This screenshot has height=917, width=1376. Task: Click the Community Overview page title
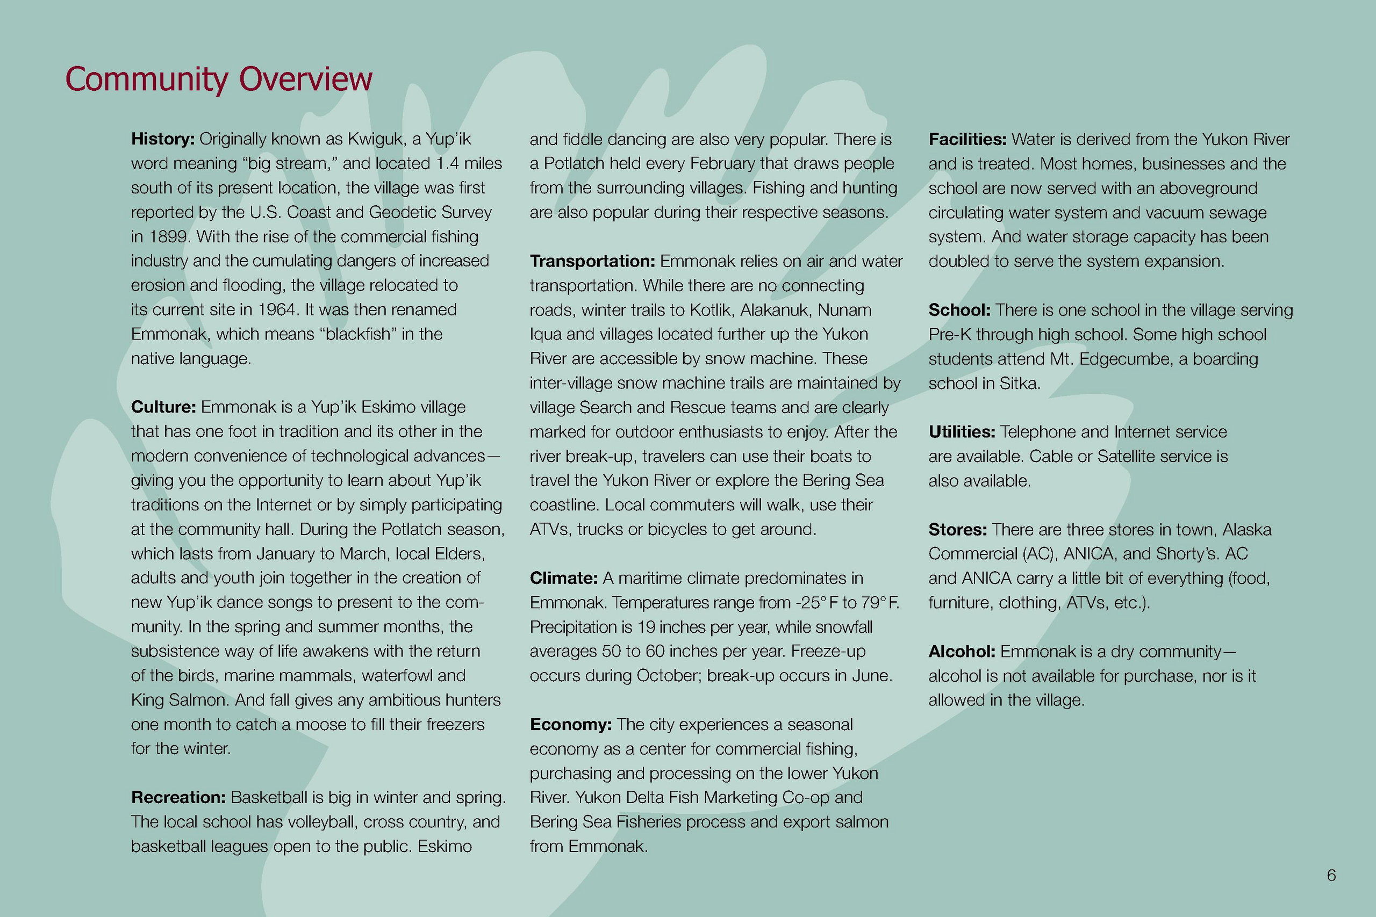(x=218, y=79)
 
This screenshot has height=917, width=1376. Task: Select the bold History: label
(x=162, y=139)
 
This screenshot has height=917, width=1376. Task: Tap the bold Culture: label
(x=163, y=407)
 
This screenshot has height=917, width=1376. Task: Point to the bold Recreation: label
(x=178, y=797)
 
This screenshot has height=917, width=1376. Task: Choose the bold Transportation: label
(x=592, y=262)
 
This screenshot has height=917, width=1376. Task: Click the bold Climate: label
(x=563, y=579)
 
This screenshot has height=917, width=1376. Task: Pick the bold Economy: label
(x=570, y=725)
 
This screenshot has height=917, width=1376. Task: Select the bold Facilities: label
(x=967, y=139)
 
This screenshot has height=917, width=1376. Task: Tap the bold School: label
(x=959, y=310)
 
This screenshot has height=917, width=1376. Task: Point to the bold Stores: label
(x=957, y=530)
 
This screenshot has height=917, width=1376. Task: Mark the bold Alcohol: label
(x=961, y=652)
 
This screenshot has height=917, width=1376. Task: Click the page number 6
(x=1331, y=875)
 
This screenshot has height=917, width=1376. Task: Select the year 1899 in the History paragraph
(x=167, y=237)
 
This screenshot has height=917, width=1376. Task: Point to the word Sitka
(x=1019, y=384)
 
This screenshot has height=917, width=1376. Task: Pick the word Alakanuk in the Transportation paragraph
(x=773, y=310)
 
